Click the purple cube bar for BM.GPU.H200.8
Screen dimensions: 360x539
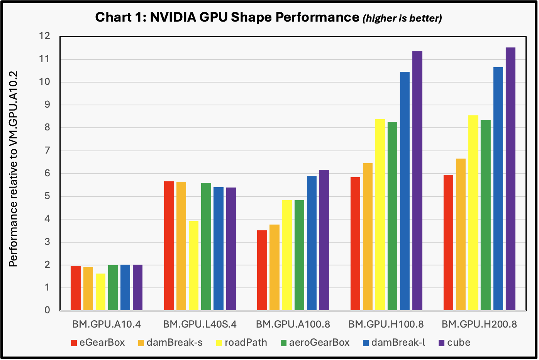coord(510,179)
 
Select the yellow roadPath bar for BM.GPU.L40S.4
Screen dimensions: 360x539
coord(193,266)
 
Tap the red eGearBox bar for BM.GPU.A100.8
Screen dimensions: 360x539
coord(262,270)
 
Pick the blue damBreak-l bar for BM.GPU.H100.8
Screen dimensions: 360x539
coord(405,191)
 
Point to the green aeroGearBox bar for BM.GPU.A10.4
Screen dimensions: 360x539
coord(113,288)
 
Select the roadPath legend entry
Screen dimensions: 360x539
coord(241,343)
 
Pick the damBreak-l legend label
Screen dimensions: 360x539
coord(398,343)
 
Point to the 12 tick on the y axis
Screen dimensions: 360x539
coord(45,36)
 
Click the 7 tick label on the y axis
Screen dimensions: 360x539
coord(47,150)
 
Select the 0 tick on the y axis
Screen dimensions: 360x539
coord(47,310)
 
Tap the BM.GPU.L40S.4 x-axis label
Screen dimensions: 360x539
coord(200,324)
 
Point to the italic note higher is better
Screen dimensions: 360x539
coord(402,18)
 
